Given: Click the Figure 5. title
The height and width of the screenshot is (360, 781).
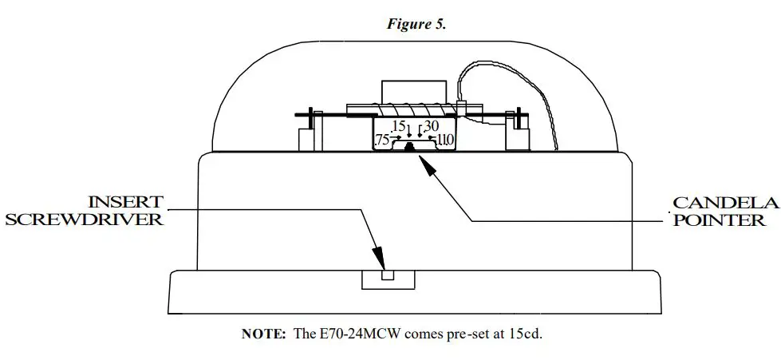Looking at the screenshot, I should (416, 23).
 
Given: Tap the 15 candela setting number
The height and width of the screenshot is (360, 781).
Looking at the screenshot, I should (399, 127).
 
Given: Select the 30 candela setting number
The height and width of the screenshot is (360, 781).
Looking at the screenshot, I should (432, 126).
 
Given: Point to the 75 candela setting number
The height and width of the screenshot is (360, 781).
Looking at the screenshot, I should (382, 140).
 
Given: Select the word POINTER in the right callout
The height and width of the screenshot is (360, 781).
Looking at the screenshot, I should (720, 220).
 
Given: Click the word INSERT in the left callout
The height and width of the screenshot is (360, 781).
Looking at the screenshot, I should (125, 201).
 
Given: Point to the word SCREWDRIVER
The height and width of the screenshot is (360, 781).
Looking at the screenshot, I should (85, 219).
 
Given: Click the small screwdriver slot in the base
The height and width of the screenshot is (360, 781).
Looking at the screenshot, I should (388, 275).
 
